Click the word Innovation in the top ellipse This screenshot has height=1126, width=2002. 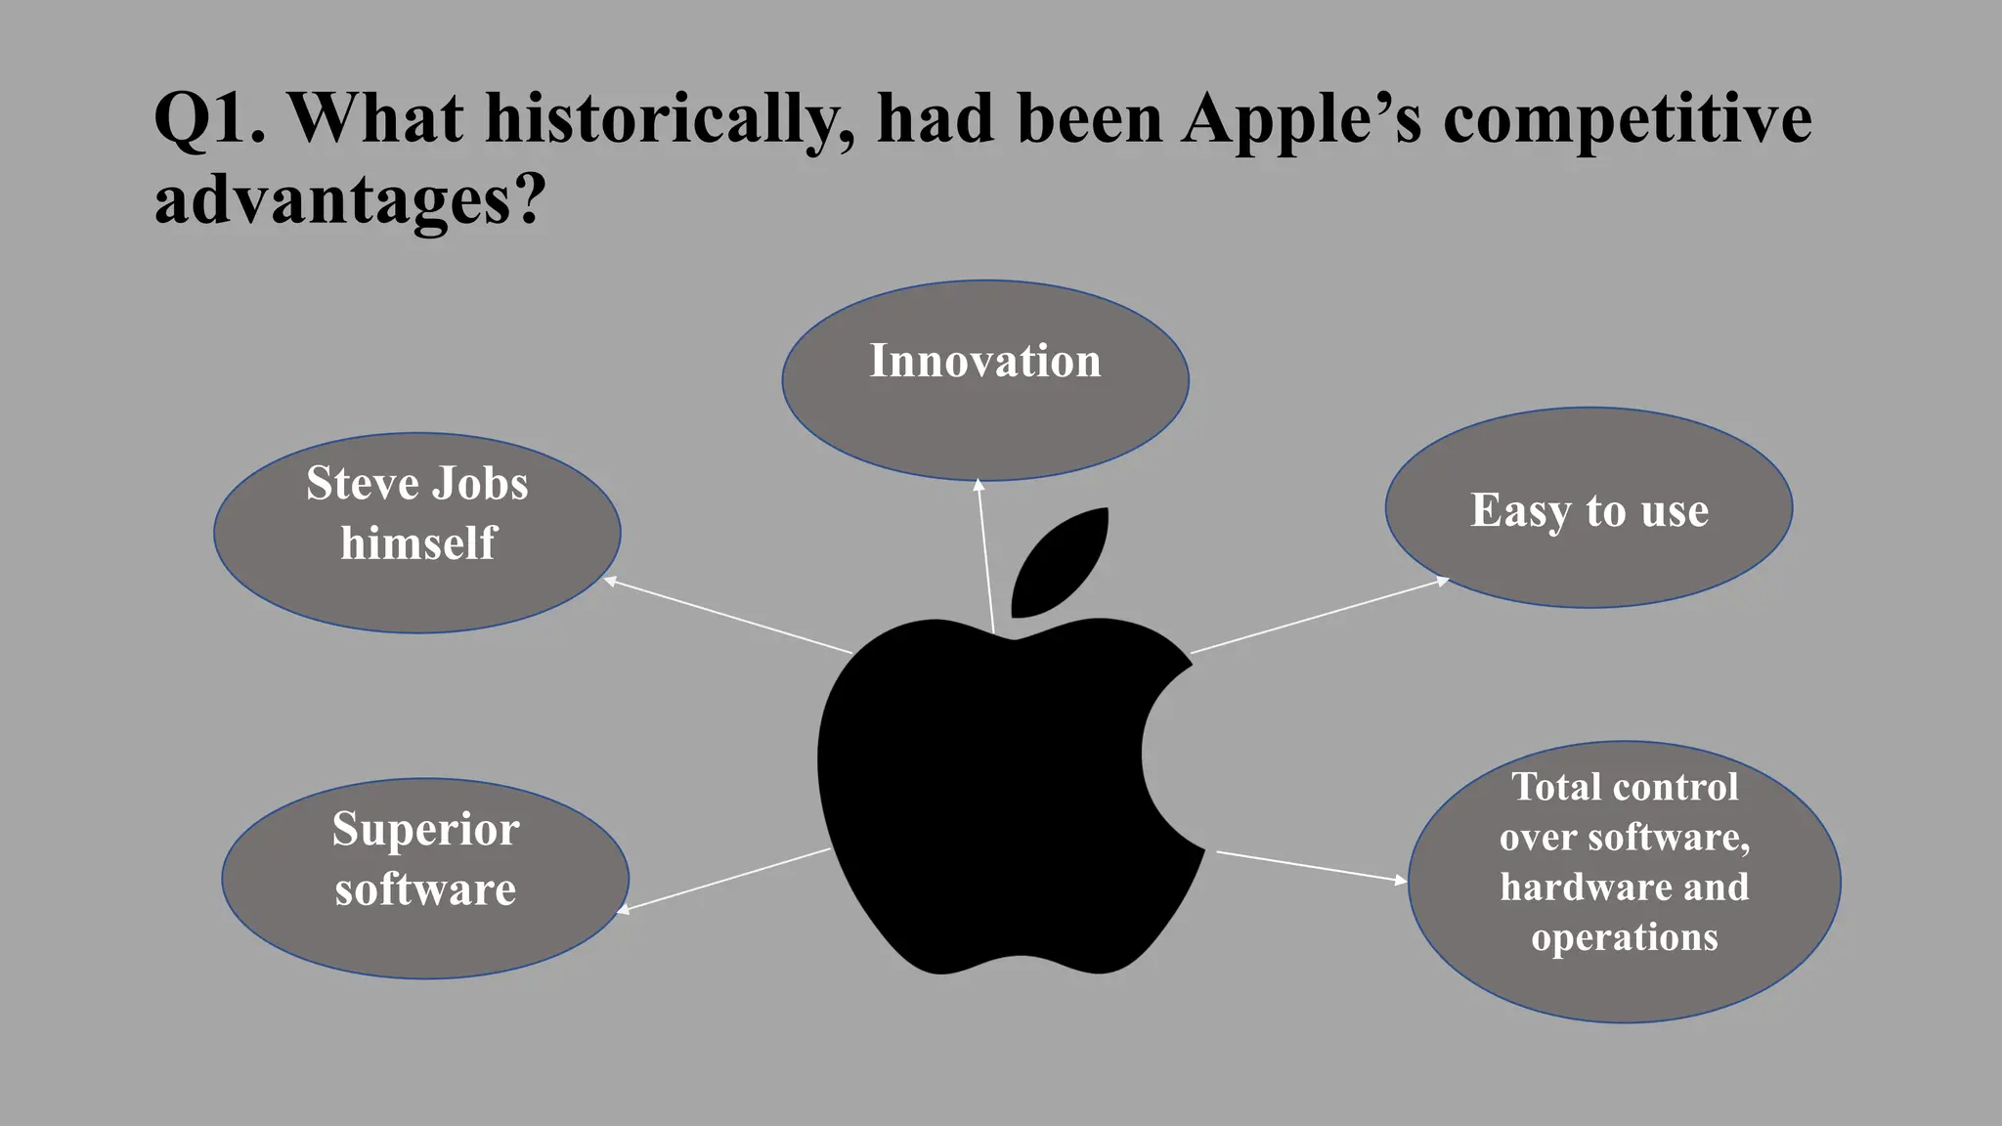[x=985, y=361]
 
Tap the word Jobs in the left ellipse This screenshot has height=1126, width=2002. [x=480, y=483]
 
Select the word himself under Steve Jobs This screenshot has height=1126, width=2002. [x=418, y=543]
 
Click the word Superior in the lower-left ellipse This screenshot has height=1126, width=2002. [x=425, y=830]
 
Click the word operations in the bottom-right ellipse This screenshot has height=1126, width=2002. [x=1624, y=936]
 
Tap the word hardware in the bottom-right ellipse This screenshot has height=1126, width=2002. [x=1561, y=887]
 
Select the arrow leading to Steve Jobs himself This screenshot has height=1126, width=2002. [x=728, y=616]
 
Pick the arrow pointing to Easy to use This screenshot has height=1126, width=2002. [x=1320, y=616]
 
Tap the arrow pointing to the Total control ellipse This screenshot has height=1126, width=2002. [x=1310, y=866]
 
